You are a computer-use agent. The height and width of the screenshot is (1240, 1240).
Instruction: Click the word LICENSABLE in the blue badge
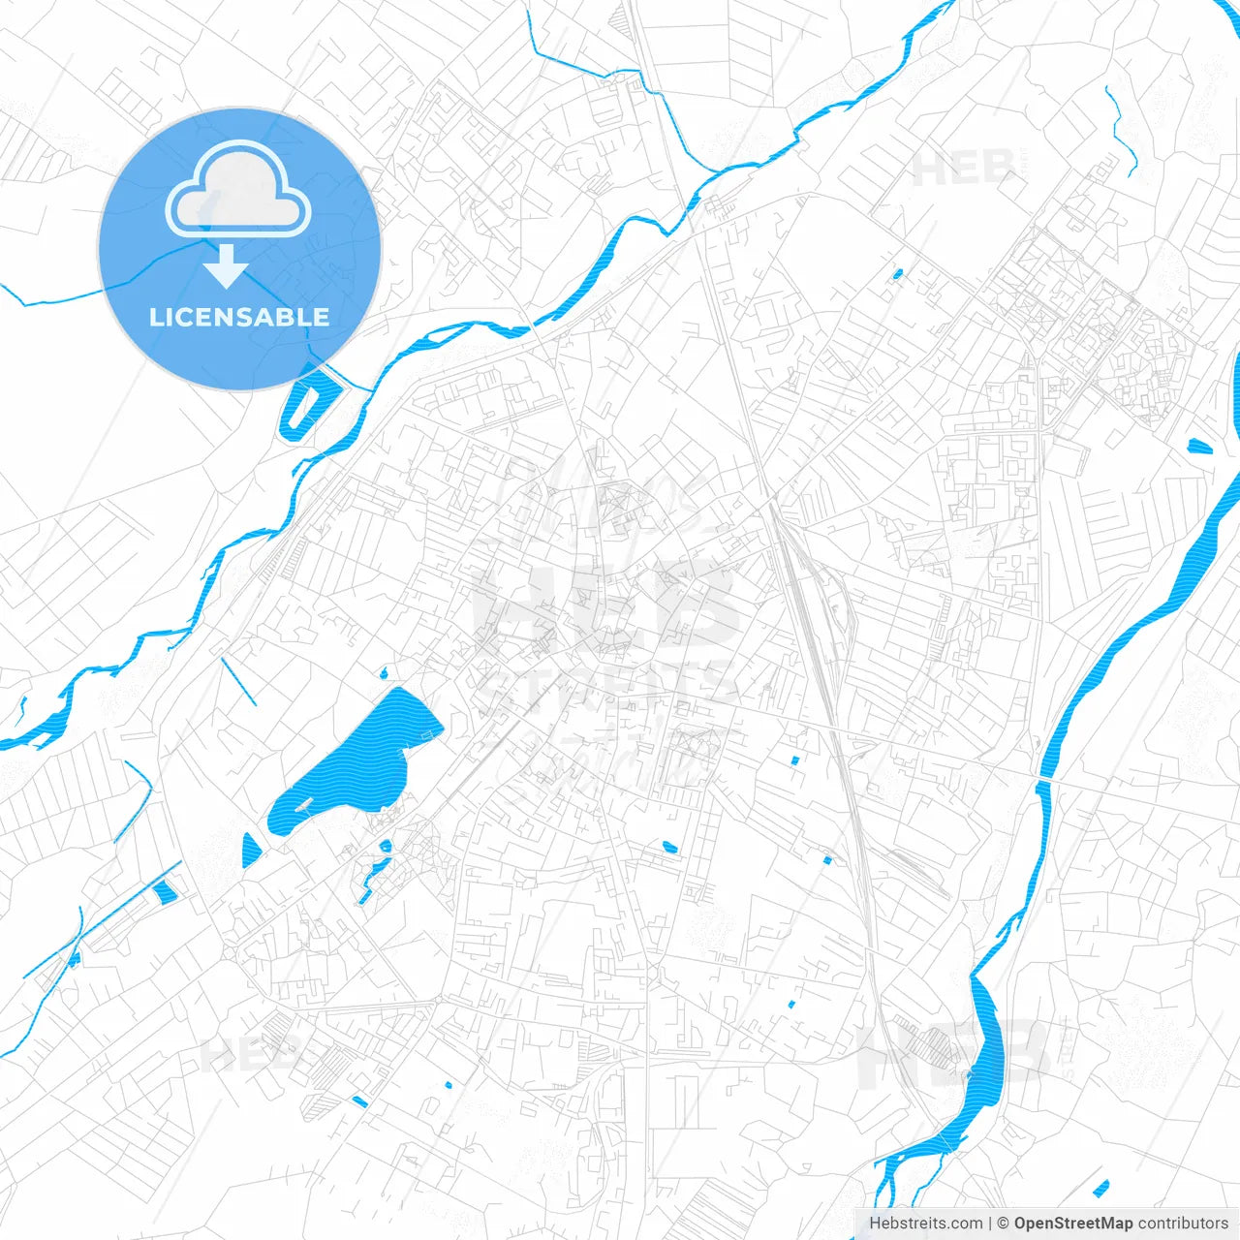(x=239, y=317)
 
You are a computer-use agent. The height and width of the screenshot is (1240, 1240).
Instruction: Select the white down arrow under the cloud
(x=227, y=266)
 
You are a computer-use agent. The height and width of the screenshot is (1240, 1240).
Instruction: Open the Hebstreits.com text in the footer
(x=925, y=1224)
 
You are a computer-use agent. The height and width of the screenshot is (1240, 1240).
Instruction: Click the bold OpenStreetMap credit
(x=1072, y=1224)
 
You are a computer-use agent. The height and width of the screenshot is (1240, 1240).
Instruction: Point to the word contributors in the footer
(x=1182, y=1224)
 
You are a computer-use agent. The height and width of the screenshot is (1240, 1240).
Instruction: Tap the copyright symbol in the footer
(x=1003, y=1224)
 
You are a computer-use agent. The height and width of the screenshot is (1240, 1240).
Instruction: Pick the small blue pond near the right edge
(x=1199, y=447)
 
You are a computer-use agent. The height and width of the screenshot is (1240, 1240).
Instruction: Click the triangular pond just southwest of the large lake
(x=251, y=850)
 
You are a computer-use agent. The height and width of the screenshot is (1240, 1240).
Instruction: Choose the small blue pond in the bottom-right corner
(x=1100, y=1188)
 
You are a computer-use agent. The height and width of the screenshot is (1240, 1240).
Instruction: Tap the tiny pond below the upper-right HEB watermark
(x=897, y=274)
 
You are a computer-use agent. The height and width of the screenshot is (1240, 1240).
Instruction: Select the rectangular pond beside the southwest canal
(x=166, y=890)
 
